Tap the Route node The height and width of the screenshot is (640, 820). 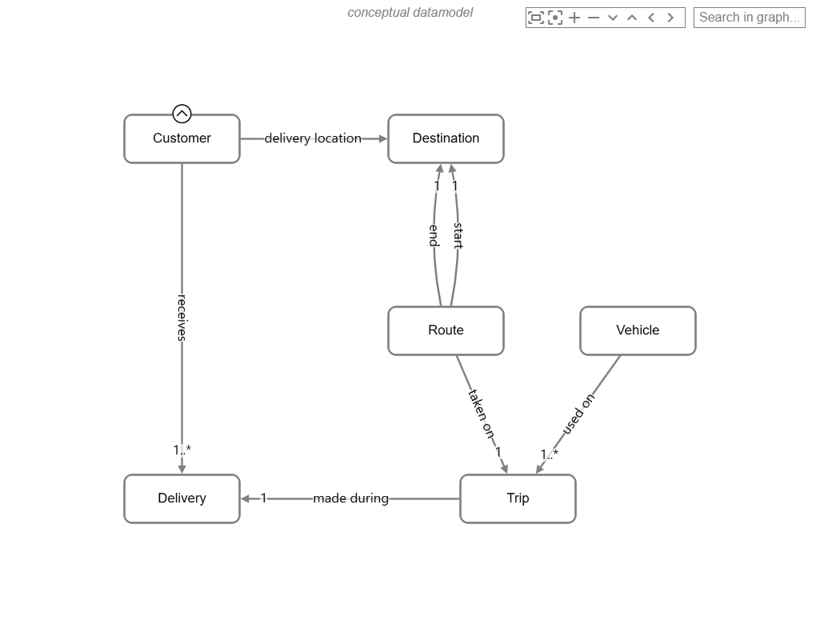pos(446,330)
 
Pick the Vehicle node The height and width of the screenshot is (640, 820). pos(638,330)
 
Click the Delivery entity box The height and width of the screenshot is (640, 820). pos(182,498)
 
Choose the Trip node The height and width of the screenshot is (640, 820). pos(518,498)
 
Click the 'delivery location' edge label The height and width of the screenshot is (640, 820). pos(313,138)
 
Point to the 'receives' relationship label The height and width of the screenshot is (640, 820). pos(182,318)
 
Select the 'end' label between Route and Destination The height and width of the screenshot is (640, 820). pos(434,235)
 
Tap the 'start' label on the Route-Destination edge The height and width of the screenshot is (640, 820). pos(458,235)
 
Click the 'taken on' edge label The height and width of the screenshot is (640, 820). pos(481,413)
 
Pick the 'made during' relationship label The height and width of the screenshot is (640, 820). pos(350,498)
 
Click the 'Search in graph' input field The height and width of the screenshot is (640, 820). pos(749,17)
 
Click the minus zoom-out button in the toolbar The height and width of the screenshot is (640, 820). pos(594,17)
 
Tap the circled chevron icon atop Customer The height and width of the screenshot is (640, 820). pos(182,114)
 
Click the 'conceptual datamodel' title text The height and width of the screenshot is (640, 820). pos(410,12)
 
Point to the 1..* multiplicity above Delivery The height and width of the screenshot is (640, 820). pos(182,450)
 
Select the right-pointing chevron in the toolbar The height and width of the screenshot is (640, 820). pos(670,17)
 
